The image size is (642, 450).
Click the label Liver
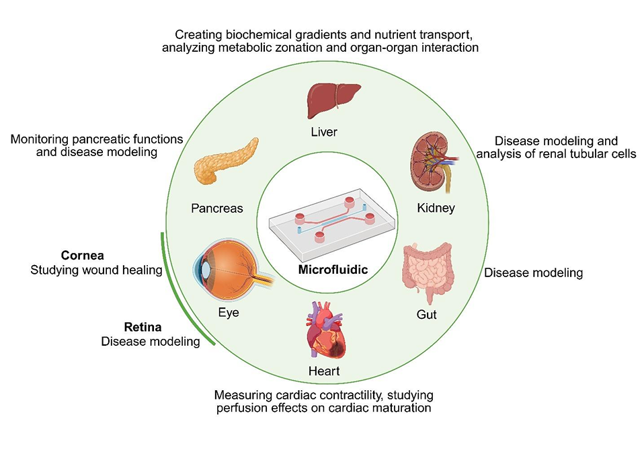(323, 133)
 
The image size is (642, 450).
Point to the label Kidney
(435, 208)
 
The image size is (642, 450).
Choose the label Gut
(427, 313)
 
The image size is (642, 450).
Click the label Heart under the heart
(324, 371)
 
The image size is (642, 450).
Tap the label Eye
(229, 313)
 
